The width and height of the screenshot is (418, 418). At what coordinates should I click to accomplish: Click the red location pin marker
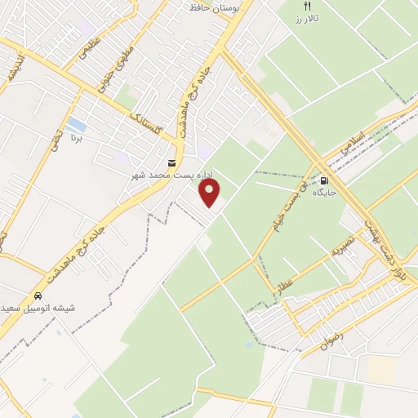210,193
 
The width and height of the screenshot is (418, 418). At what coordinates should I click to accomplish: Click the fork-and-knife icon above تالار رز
308,5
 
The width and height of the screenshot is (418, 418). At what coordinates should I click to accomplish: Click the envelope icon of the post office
171,162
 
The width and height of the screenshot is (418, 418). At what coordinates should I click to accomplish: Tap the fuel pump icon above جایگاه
325,181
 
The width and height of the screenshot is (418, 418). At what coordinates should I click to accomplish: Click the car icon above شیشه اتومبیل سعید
38,295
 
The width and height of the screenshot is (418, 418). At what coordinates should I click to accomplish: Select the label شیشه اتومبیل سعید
38,308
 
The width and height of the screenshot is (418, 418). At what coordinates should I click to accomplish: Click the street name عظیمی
90,51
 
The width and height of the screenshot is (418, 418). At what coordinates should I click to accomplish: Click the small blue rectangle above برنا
77,125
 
